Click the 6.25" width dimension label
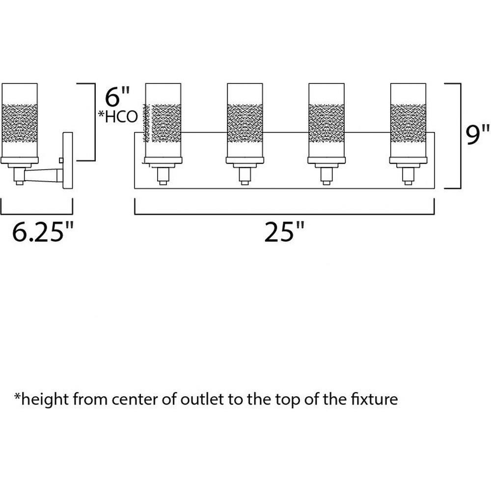point(43,232)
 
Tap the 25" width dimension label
point(284,232)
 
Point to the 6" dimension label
point(117,97)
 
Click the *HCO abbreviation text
point(118,116)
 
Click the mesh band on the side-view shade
point(20,123)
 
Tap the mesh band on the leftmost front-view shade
point(163,123)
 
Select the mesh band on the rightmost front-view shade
point(408,123)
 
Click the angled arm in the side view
point(44,175)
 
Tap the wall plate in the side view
point(68,161)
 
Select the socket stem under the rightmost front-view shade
point(408,175)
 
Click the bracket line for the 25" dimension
point(284,214)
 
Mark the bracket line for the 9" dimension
point(461,136)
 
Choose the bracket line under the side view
point(37,214)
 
